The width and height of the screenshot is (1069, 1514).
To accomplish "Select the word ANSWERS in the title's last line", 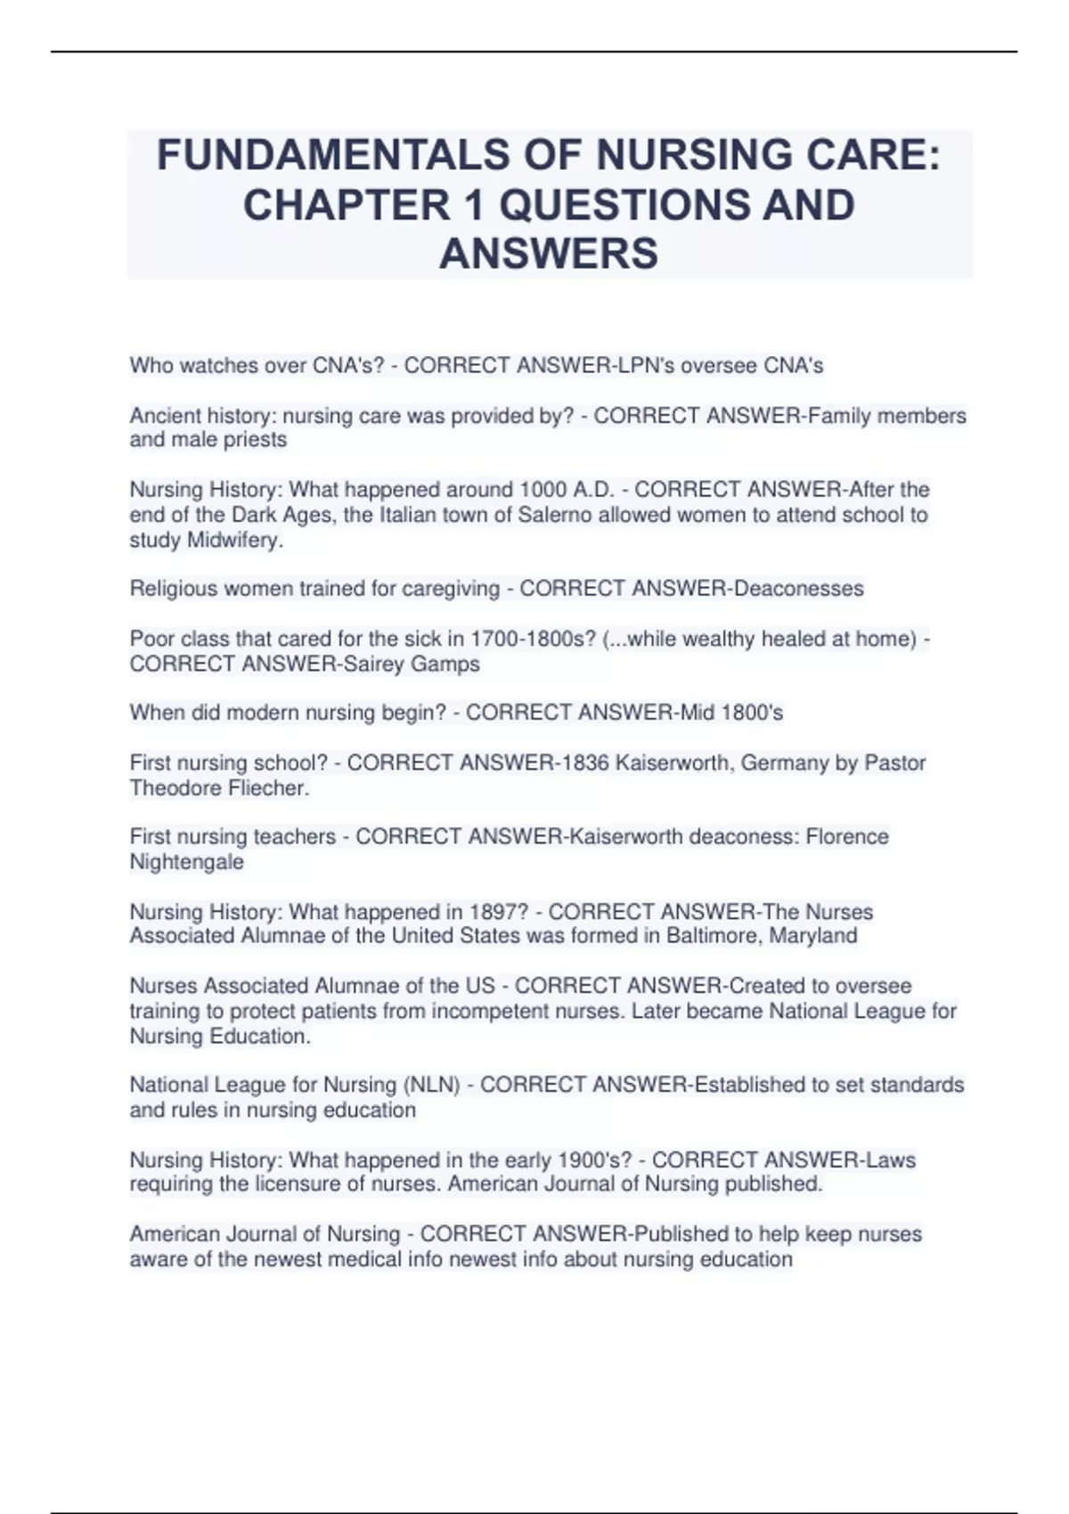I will pyautogui.click(x=549, y=254).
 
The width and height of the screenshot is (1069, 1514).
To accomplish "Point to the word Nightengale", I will pyautogui.click(x=187, y=862).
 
